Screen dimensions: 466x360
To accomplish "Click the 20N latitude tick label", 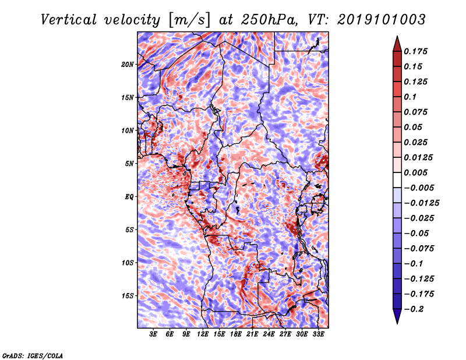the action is point(128,65).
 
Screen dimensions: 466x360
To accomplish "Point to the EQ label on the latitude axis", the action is point(129,197).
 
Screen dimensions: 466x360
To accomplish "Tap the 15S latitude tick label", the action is point(128,296).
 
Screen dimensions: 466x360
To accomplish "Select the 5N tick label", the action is point(129,164).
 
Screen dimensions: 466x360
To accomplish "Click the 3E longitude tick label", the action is point(153,334).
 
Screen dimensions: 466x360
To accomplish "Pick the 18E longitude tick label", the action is point(236,334).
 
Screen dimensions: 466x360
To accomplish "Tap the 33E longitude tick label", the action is point(318,334).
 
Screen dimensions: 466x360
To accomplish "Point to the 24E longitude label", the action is point(269,334).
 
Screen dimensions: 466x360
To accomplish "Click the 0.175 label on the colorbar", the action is point(415,51).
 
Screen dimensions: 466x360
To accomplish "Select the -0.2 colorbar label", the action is point(414,309).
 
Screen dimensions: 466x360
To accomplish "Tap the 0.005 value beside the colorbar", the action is point(415,172).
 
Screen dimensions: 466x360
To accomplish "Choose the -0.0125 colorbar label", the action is point(421,203).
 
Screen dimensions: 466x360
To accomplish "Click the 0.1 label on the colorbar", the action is point(410,97).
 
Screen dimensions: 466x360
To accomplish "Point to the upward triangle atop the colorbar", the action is point(397,44).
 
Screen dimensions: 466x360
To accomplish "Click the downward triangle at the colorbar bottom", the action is point(397,316).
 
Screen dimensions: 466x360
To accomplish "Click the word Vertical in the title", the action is point(68,20).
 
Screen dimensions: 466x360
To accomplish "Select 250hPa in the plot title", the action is point(269,20).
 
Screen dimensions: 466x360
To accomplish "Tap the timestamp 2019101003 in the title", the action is point(382,20).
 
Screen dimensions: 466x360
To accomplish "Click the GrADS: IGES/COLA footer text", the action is point(33,355).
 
